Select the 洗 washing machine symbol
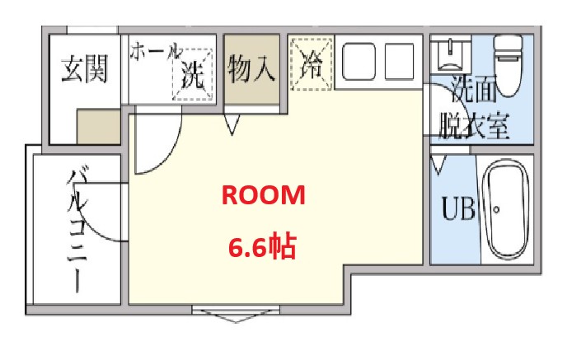190,77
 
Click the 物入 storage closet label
251,69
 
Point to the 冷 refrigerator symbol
311,62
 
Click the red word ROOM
261,195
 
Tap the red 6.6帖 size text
261,246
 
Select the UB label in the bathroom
458,209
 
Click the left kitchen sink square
359,59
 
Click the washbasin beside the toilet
449,53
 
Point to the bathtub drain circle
498,210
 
